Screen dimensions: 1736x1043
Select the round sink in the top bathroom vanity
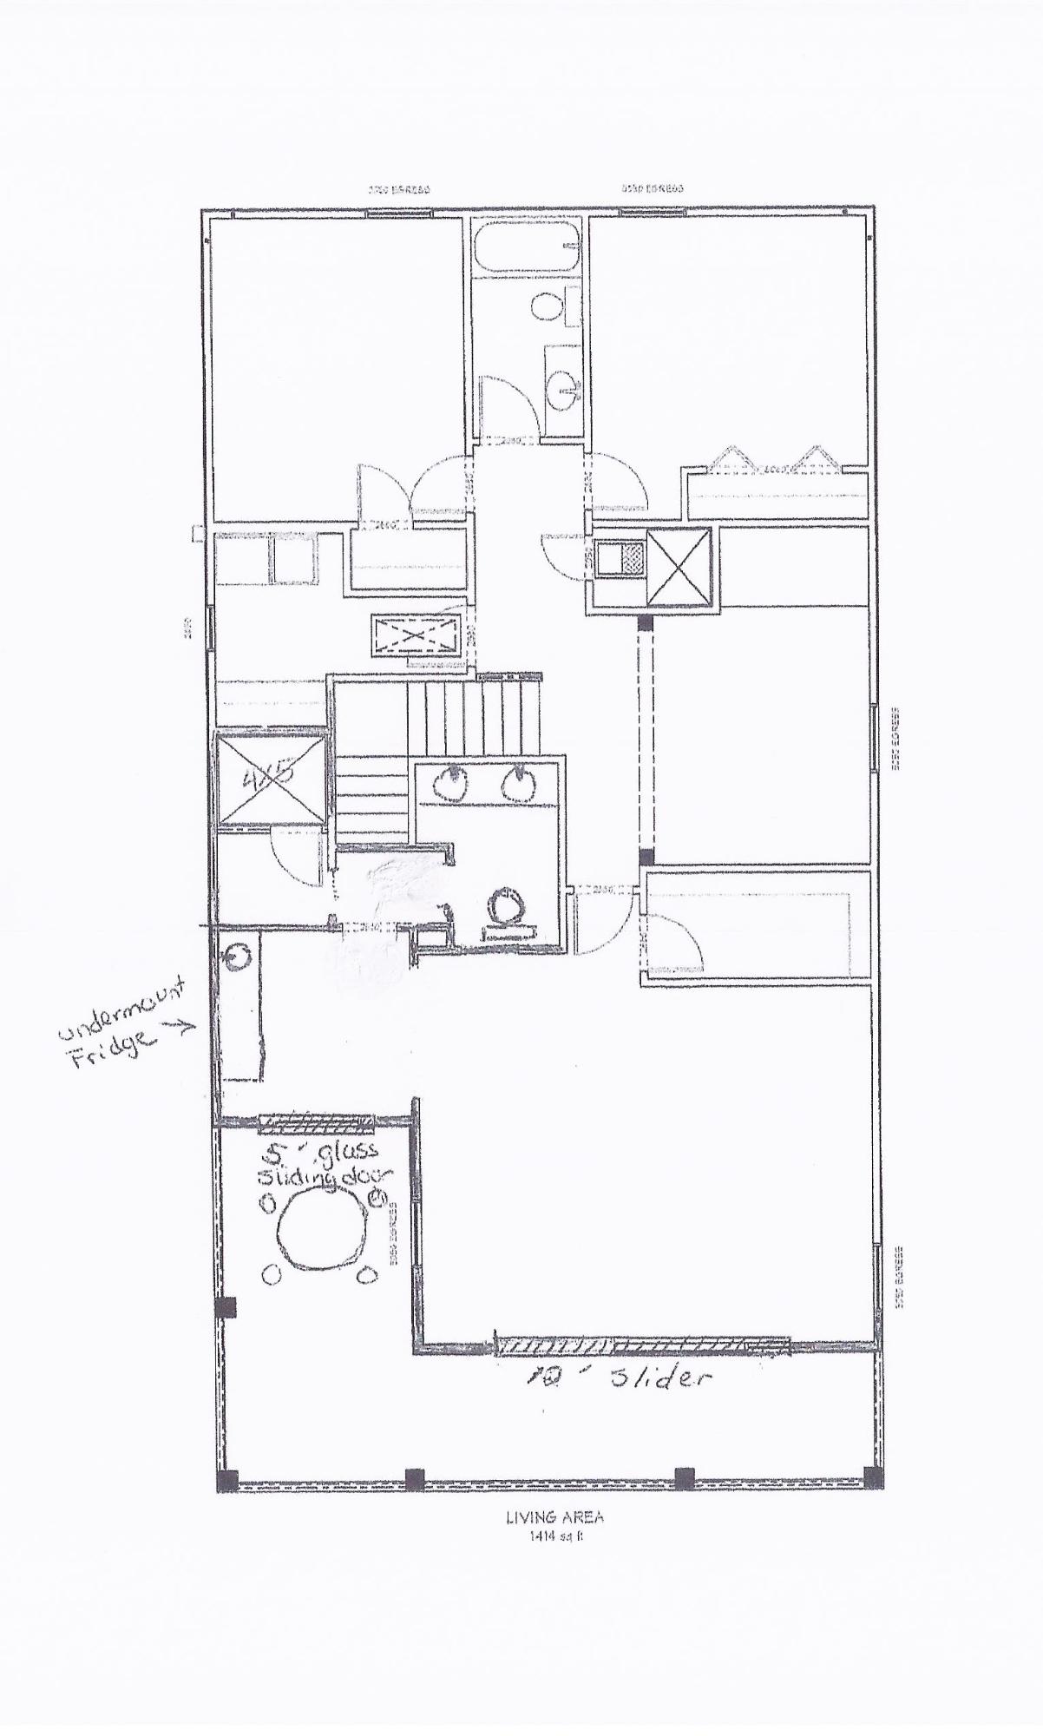click(566, 387)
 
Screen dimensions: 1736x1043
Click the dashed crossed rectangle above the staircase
click(416, 635)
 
